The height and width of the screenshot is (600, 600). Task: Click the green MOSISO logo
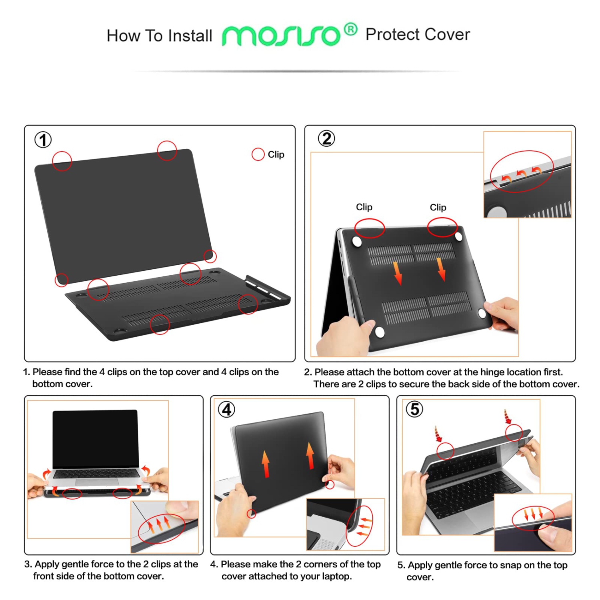pos(281,36)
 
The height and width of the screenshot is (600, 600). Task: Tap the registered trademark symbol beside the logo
pos(350,29)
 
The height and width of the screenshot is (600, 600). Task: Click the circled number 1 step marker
pos(43,140)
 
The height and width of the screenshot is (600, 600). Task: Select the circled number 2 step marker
pos(326,139)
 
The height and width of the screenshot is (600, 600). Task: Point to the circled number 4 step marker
pos(226,410)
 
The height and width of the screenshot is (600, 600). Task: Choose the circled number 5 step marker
pos(414,409)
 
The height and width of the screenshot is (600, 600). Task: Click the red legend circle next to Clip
pos(258,154)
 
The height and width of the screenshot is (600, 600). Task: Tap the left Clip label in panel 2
pos(364,207)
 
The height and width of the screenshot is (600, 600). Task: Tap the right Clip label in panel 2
pos(438,207)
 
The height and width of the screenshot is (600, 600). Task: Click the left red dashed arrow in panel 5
pos(438,434)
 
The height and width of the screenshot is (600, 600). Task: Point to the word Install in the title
pos(190,36)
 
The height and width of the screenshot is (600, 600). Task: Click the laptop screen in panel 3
pos(96,438)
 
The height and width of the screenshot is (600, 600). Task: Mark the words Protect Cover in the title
pos(418,35)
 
